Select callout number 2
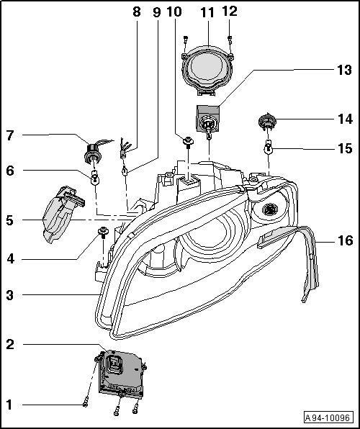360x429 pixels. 10,345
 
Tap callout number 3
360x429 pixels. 10,294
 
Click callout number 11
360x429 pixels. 207,13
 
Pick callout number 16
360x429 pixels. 345,240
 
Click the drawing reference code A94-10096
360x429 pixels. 330,417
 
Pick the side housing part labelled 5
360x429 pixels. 60,212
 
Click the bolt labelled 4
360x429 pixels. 103,232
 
